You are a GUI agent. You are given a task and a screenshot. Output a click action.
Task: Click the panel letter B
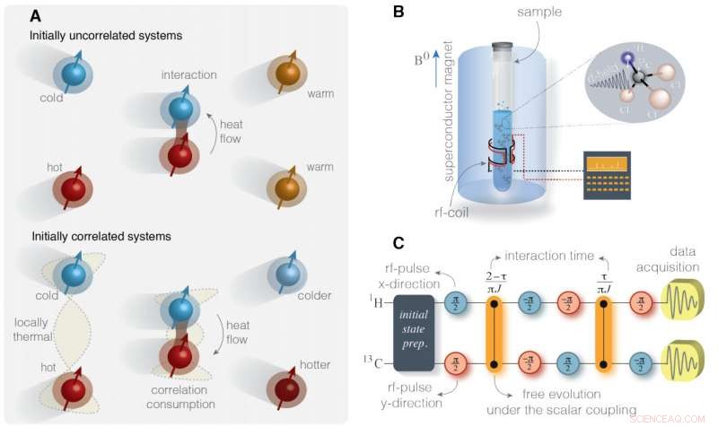click(x=397, y=13)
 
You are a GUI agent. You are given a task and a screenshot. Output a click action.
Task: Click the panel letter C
click(x=397, y=241)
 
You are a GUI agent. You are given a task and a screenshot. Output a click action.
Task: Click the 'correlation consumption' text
click(x=180, y=401)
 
